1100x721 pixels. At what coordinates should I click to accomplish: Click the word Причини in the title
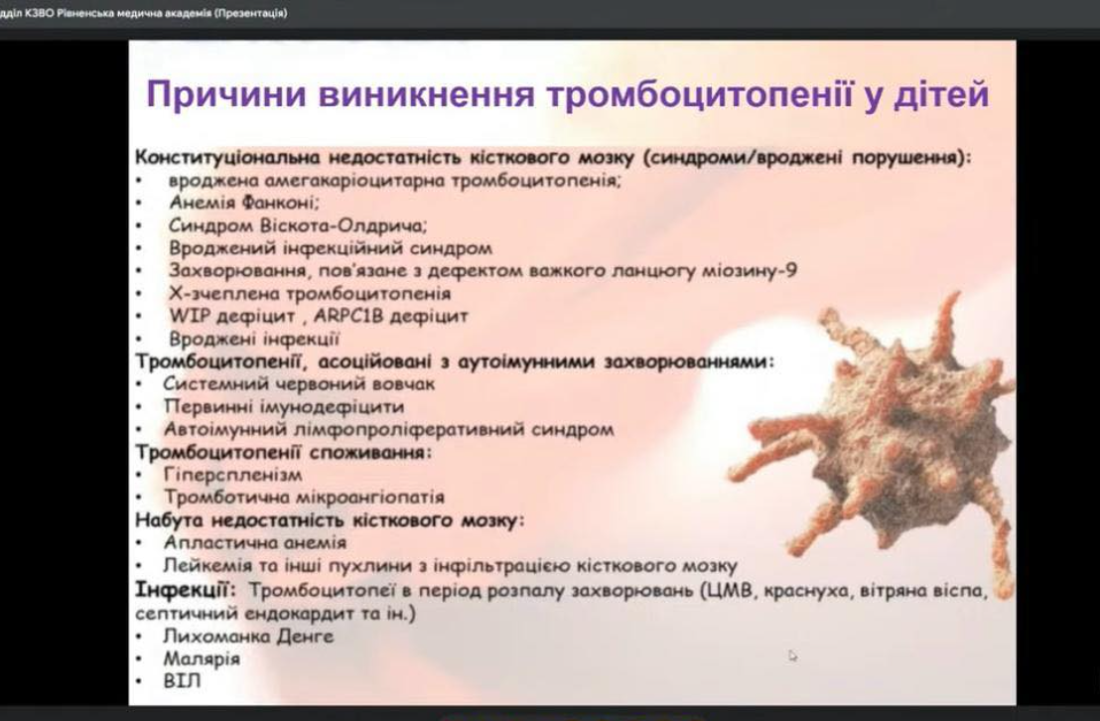pyautogui.click(x=226, y=94)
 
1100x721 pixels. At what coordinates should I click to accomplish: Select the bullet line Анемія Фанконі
pyautogui.click(x=244, y=203)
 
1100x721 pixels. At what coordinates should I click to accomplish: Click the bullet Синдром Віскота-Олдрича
pyautogui.click(x=298, y=225)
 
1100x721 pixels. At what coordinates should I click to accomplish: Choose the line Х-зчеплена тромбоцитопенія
pyautogui.click(x=310, y=293)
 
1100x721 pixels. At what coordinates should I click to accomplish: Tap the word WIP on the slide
pyautogui.click(x=190, y=316)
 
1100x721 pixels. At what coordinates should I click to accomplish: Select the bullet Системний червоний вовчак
pyautogui.click(x=299, y=384)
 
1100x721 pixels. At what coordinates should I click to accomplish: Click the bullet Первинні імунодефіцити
pyautogui.click(x=283, y=406)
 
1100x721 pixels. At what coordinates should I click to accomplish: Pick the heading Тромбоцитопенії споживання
pyautogui.click(x=283, y=452)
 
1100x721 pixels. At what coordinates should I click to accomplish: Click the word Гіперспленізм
pyautogui.click(x=233, y=476)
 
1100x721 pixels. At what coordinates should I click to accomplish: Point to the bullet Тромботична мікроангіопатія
pyautogui.click(x=304, y=497)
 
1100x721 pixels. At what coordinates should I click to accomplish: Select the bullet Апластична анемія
pyautogui.click(x=255, y=542)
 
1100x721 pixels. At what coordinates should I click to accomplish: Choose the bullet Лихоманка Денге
pyautogui.click(x=248, y=637)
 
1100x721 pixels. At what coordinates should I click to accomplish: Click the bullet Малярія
pyautogui.click(x=203, y=659)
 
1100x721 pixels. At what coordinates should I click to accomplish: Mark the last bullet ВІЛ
pyautogui.click(x=182, y=681)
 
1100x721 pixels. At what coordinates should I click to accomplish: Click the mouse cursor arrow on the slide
pyautogui.click(x=792, y=655)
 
